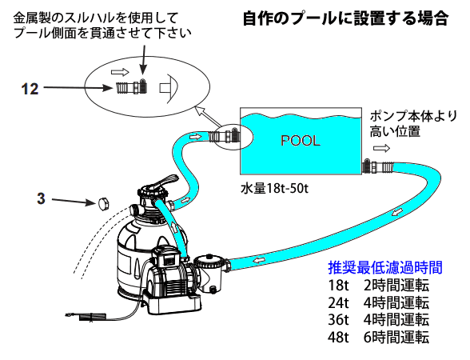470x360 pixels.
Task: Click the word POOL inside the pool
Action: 301,141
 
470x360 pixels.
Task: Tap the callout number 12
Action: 30,89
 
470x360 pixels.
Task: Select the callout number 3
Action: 41,198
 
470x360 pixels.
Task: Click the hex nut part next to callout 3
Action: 103,204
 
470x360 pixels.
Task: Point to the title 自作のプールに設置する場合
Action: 345,18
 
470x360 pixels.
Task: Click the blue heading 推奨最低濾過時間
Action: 385,267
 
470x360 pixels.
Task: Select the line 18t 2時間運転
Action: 379,286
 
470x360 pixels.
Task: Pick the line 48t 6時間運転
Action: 379,338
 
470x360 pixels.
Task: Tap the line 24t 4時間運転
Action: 379,302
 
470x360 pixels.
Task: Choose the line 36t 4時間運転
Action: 379,320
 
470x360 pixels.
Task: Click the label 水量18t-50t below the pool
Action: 274,189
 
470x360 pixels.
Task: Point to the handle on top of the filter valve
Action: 165,182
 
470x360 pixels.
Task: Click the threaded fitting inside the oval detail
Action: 132,87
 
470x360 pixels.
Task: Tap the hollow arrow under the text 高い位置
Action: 381,148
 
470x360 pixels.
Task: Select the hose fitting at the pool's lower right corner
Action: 378,167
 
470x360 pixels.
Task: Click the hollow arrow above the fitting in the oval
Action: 120,72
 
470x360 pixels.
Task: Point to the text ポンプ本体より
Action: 413,116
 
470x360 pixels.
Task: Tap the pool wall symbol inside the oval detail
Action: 169,88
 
